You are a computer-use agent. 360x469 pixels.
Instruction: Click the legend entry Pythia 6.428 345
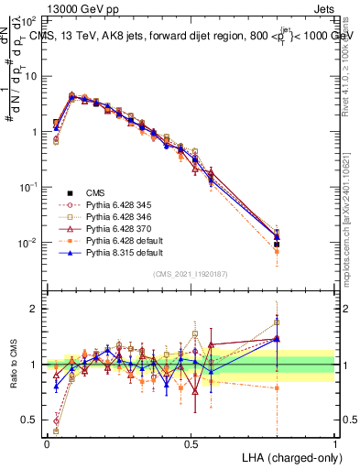[116, 205]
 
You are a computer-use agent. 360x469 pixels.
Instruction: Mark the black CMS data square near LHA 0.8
[277, 245]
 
